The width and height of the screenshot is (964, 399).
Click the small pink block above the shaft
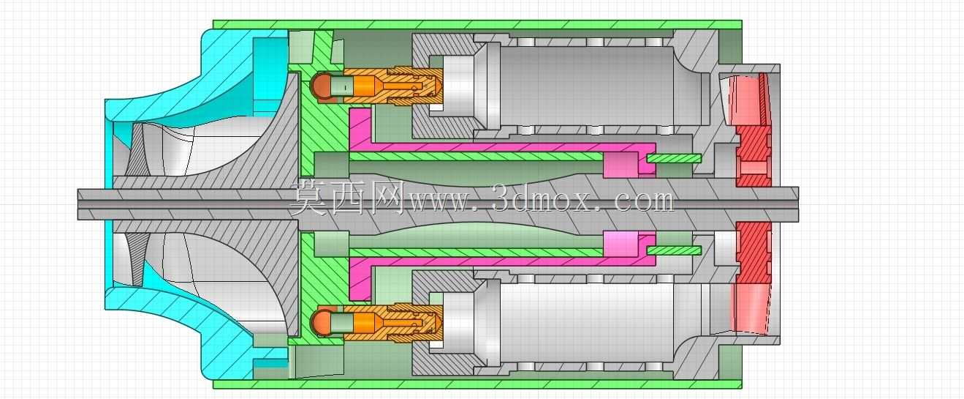[620, 165]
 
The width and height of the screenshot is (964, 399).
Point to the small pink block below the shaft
[620, 244]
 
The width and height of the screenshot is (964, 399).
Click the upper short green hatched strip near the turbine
[675, 159]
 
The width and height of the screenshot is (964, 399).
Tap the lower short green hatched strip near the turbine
[675, 250]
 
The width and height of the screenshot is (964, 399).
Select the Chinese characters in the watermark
[347, 198]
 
